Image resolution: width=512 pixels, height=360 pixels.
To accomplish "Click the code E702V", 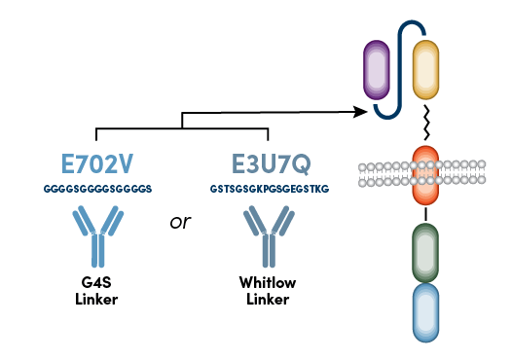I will (97, 162).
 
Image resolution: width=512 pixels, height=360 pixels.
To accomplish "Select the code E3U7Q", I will (268, 162).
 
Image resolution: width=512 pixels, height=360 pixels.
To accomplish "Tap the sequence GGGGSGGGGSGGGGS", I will (97, 186).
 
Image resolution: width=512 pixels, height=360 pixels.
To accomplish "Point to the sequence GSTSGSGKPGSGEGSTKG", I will (268, 186).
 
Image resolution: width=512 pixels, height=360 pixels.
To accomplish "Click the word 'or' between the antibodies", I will (180, 222).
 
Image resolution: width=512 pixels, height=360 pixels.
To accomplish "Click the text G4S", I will (97, 283).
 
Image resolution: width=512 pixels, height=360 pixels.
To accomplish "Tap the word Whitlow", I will (267, 283).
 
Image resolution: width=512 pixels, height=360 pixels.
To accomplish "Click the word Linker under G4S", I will (97, 299).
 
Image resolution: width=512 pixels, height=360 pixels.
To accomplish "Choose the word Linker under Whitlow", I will (267, 299).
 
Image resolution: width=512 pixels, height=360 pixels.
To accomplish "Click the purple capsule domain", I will (376, 70).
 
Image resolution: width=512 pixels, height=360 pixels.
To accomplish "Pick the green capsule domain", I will (425, 251).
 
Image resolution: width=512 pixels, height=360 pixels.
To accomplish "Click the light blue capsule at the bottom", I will (425, 312).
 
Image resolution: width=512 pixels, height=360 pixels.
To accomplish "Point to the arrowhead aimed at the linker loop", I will (362, 112).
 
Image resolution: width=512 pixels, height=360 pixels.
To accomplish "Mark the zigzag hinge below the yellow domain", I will (425, 123).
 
